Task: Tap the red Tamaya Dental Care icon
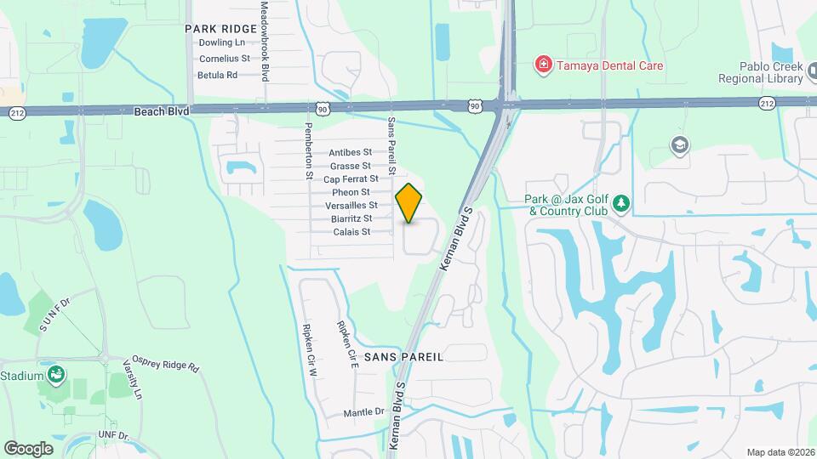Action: click(x=542, y=65)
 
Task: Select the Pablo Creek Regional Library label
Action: click(x=760, y=73)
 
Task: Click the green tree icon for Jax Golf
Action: click(x=623, y=203)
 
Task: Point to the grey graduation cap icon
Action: click(x=680, y=144)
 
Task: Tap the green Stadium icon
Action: click(x=57, y=375)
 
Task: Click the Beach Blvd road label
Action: click(x=161, y=110)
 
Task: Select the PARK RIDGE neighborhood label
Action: click(x=220, y=29)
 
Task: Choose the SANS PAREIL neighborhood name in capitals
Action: click(x=403, y=357)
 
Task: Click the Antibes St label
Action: click(x=350, y=152)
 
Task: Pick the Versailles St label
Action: click(x=351, y=206)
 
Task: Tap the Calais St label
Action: click(x=351, y=232)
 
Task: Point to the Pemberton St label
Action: click(x=309, y=151)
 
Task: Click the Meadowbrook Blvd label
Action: click(x=265, y=41)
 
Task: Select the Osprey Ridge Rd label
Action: click(x=165, y=364)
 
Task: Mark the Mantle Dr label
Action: click(x=363, y=412)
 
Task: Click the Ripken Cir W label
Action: click(x=311, y=349)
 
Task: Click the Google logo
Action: click(x=29, y=448)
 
